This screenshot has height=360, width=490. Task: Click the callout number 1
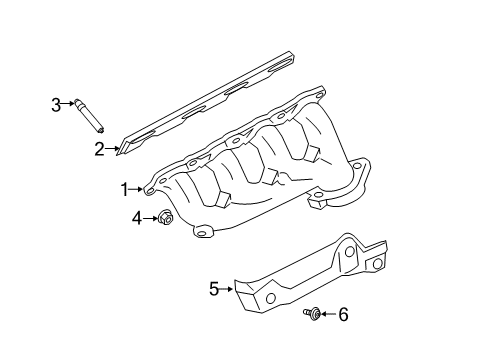125,188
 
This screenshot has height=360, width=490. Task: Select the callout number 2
100,149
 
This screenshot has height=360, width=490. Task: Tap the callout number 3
57,102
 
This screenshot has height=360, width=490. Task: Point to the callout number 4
137,216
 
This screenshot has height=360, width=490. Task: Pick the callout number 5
213,290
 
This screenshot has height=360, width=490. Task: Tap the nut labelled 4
164,217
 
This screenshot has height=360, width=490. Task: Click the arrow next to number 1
137,188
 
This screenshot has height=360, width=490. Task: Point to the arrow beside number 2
112,149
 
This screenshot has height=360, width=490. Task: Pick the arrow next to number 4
150,216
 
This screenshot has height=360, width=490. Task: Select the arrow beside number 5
226,290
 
